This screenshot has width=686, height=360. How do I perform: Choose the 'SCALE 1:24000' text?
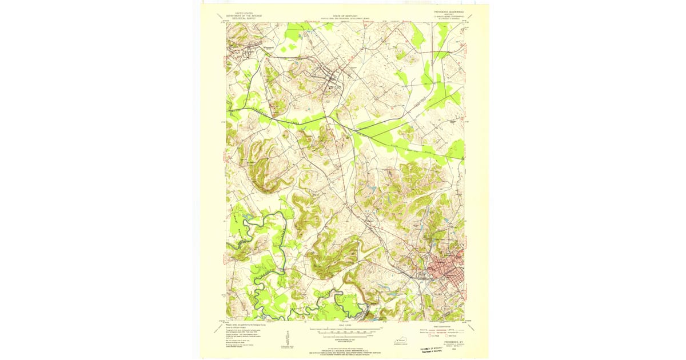tap(346, 325)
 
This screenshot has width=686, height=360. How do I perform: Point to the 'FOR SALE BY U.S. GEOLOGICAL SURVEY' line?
tap(346, 345)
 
